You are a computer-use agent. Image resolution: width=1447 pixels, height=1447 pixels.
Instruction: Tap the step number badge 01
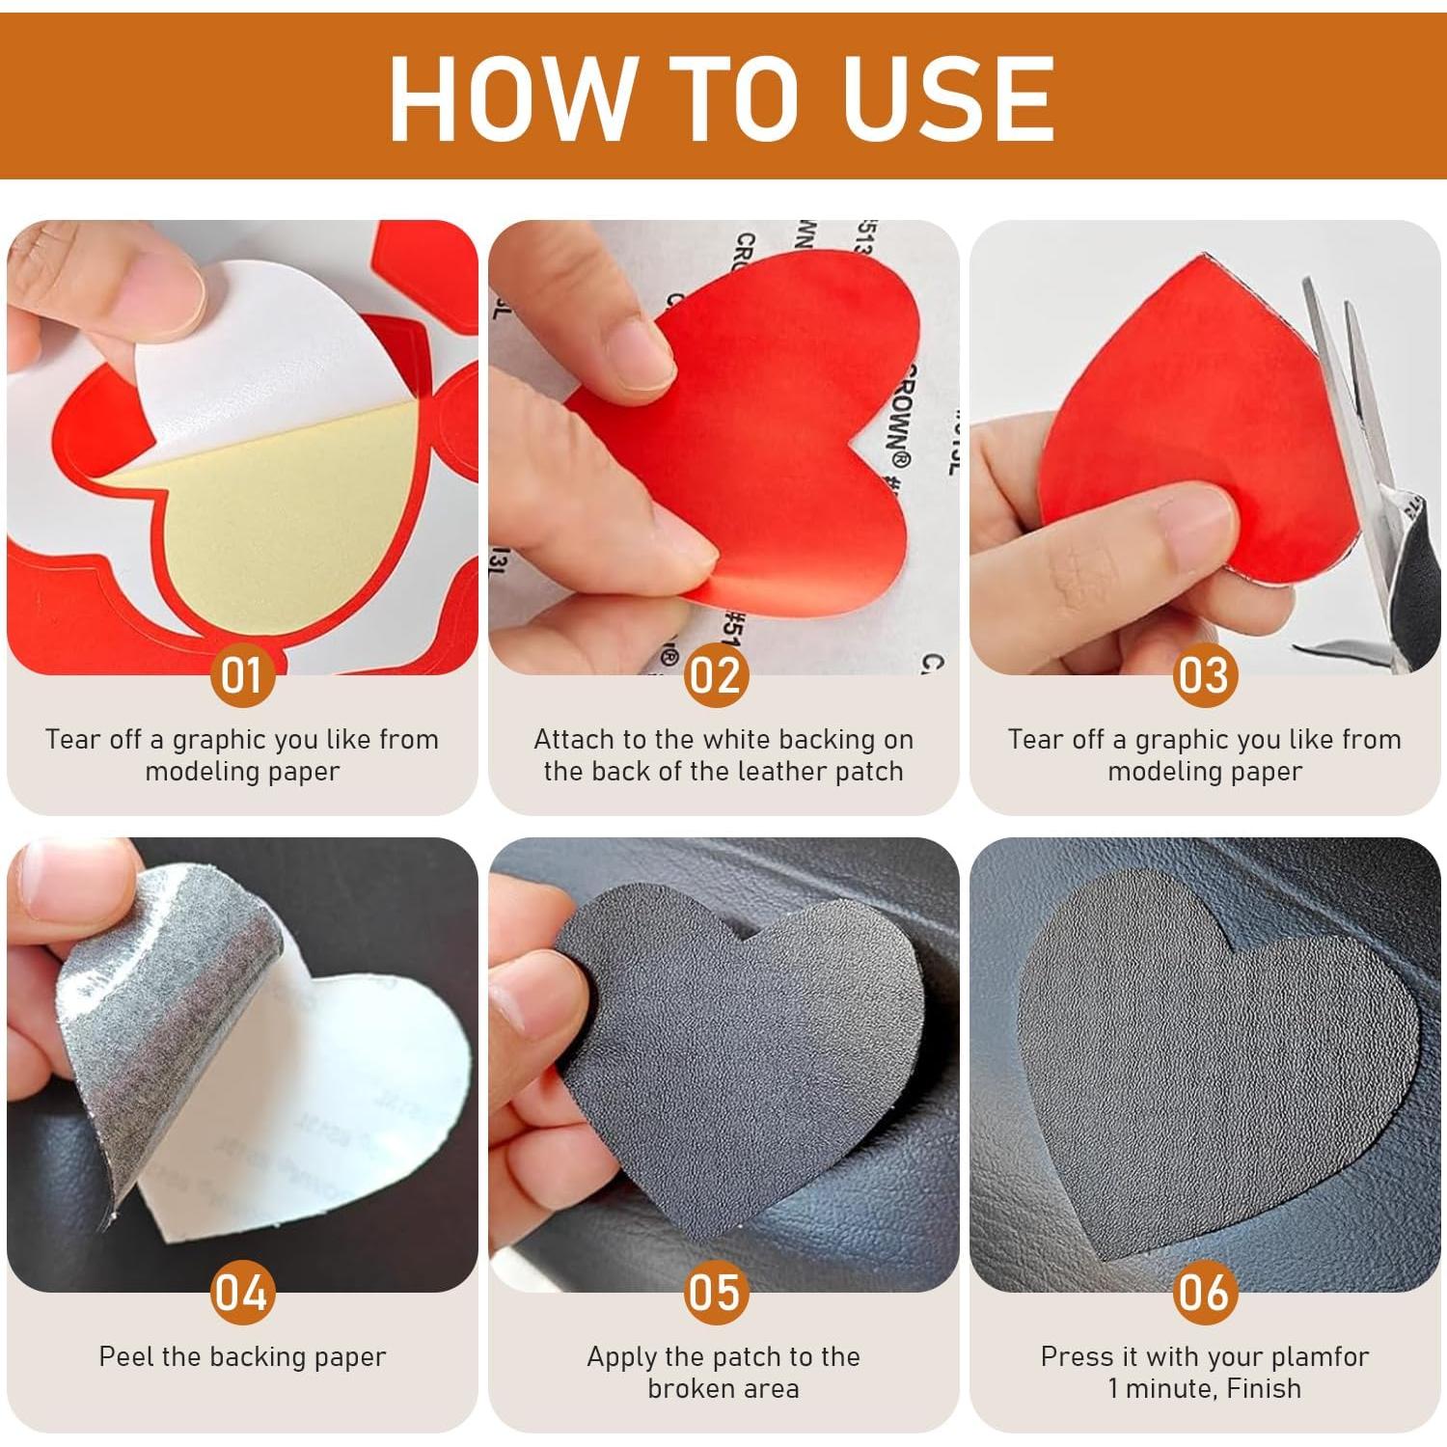pos(242,674)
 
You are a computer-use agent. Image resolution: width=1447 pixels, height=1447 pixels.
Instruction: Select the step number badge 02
pos(716,674)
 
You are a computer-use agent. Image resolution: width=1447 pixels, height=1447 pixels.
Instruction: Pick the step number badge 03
pos(1205,674)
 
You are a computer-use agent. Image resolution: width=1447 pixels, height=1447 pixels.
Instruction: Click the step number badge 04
pos(242,1292)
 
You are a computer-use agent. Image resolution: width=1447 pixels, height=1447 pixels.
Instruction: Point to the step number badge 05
pos(716,1292)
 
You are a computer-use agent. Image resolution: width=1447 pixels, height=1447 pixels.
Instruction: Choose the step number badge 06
pos(1205,1292)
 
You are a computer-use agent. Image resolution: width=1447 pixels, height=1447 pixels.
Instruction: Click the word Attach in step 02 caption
pos(574,740)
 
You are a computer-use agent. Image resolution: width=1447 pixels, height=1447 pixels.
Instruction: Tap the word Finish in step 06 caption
pos(1264,1389)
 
